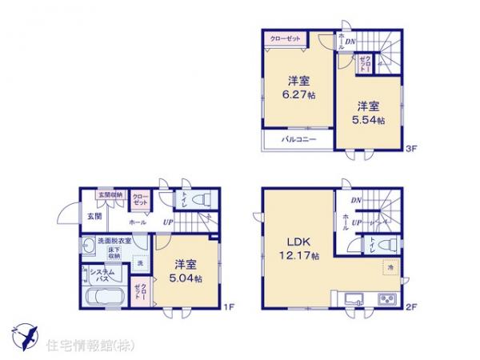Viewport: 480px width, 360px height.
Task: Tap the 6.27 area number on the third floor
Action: tap(299, 93)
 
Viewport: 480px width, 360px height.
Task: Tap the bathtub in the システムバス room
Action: tap(102, 300)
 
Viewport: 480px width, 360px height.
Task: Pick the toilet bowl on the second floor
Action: tap(386, 246)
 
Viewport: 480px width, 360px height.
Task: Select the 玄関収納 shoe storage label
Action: tap(110, 194)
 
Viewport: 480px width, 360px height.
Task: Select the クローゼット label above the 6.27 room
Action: tap(284, 38)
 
